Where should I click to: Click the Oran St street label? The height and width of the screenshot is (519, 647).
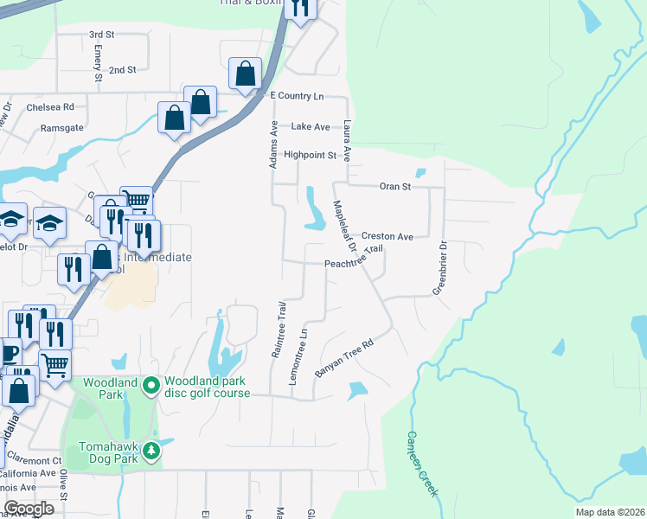pos(395,186)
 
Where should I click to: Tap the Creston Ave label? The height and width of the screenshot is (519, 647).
pos(387,236)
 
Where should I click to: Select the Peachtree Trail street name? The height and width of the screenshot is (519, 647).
pos(353,259)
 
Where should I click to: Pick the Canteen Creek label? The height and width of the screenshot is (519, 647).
pos(424,464)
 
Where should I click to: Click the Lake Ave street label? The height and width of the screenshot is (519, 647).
pos(311,126)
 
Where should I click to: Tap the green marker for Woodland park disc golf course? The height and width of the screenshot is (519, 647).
pos(151,383)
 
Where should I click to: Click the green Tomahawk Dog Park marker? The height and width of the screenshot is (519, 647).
pos(151,451)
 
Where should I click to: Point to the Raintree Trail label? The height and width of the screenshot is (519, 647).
pos(278,330)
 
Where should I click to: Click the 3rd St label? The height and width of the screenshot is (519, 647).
pos(102,35)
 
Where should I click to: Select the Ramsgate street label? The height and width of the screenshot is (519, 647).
pos(62,127)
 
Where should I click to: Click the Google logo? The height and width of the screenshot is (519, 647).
pos(29,509)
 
